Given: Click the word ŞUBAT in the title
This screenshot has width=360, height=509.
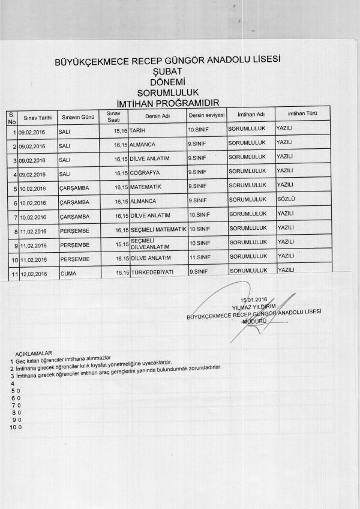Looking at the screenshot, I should [x=167, y=71].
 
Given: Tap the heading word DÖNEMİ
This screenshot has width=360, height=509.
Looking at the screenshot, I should [x=167, y=82].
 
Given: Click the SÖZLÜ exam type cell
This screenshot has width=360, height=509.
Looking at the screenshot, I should [x=284, y=199].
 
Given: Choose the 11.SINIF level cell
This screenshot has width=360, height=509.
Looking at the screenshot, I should [x=200, y=258].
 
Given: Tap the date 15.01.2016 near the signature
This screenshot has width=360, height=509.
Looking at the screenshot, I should [x=253, y=300].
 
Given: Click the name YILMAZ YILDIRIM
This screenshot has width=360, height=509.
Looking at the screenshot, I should [x=253, y=306].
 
